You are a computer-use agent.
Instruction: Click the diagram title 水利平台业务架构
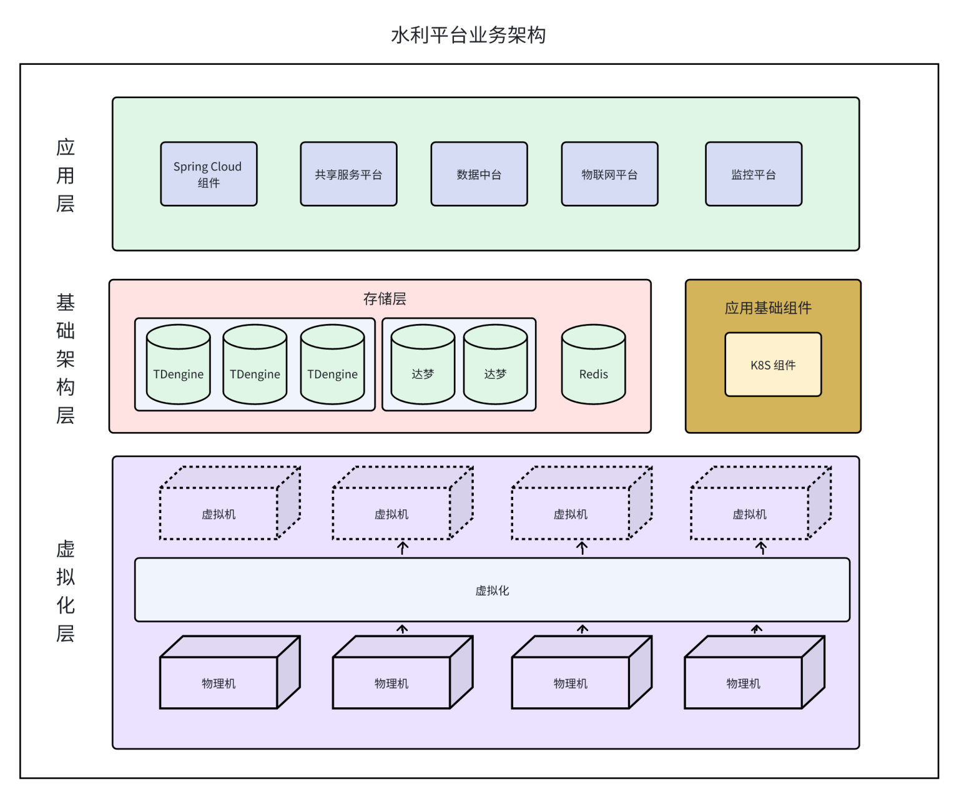click(468, 35)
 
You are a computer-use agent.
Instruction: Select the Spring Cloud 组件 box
click(209, 174)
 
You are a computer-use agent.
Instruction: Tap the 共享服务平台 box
click(348, 174)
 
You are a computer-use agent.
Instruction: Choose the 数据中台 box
click(479, 174)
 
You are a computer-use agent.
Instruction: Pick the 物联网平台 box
click(609, 174)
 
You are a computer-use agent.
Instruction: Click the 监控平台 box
click(754, 174)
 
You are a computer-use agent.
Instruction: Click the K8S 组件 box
click(773, 365)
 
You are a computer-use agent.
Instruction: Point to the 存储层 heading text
click(385, 299)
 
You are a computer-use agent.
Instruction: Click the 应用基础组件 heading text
click(768, 308)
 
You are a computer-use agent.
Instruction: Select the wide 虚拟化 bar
click(492, 590)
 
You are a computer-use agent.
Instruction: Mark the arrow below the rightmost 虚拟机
click(761, 548)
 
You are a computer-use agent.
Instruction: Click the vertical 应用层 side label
click(66, 175)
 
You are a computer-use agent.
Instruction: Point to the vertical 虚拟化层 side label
click(66, 591)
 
